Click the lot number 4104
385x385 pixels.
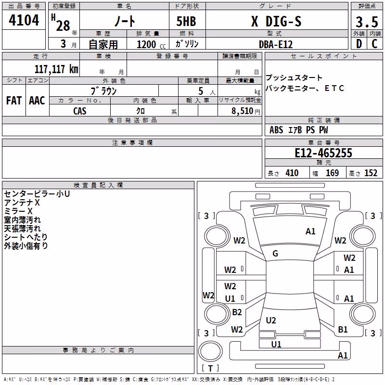tap(24, 20)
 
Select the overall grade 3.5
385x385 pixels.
tap(367, 22)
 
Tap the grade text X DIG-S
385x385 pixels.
tap(276, 21)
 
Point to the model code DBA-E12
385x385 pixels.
tap(276, 44)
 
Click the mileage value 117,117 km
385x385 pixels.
tap(56, 69)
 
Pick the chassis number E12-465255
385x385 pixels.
tap(323, 153)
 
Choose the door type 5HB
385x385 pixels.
tap(186, 21)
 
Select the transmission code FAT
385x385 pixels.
tap(14, 101)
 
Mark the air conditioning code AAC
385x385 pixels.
tap(37, 101)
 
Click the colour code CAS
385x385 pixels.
tap(80, 111)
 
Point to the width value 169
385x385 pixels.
tap(332, 173)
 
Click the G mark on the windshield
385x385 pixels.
tap(275, 254)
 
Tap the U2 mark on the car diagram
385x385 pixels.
tap(271, 320)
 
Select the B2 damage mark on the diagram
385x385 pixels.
tap(237, 312)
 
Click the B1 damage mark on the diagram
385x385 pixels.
tap(343, 329)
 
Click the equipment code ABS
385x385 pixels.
tap(276, 130)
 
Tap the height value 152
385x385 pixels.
tap(371, 173)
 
